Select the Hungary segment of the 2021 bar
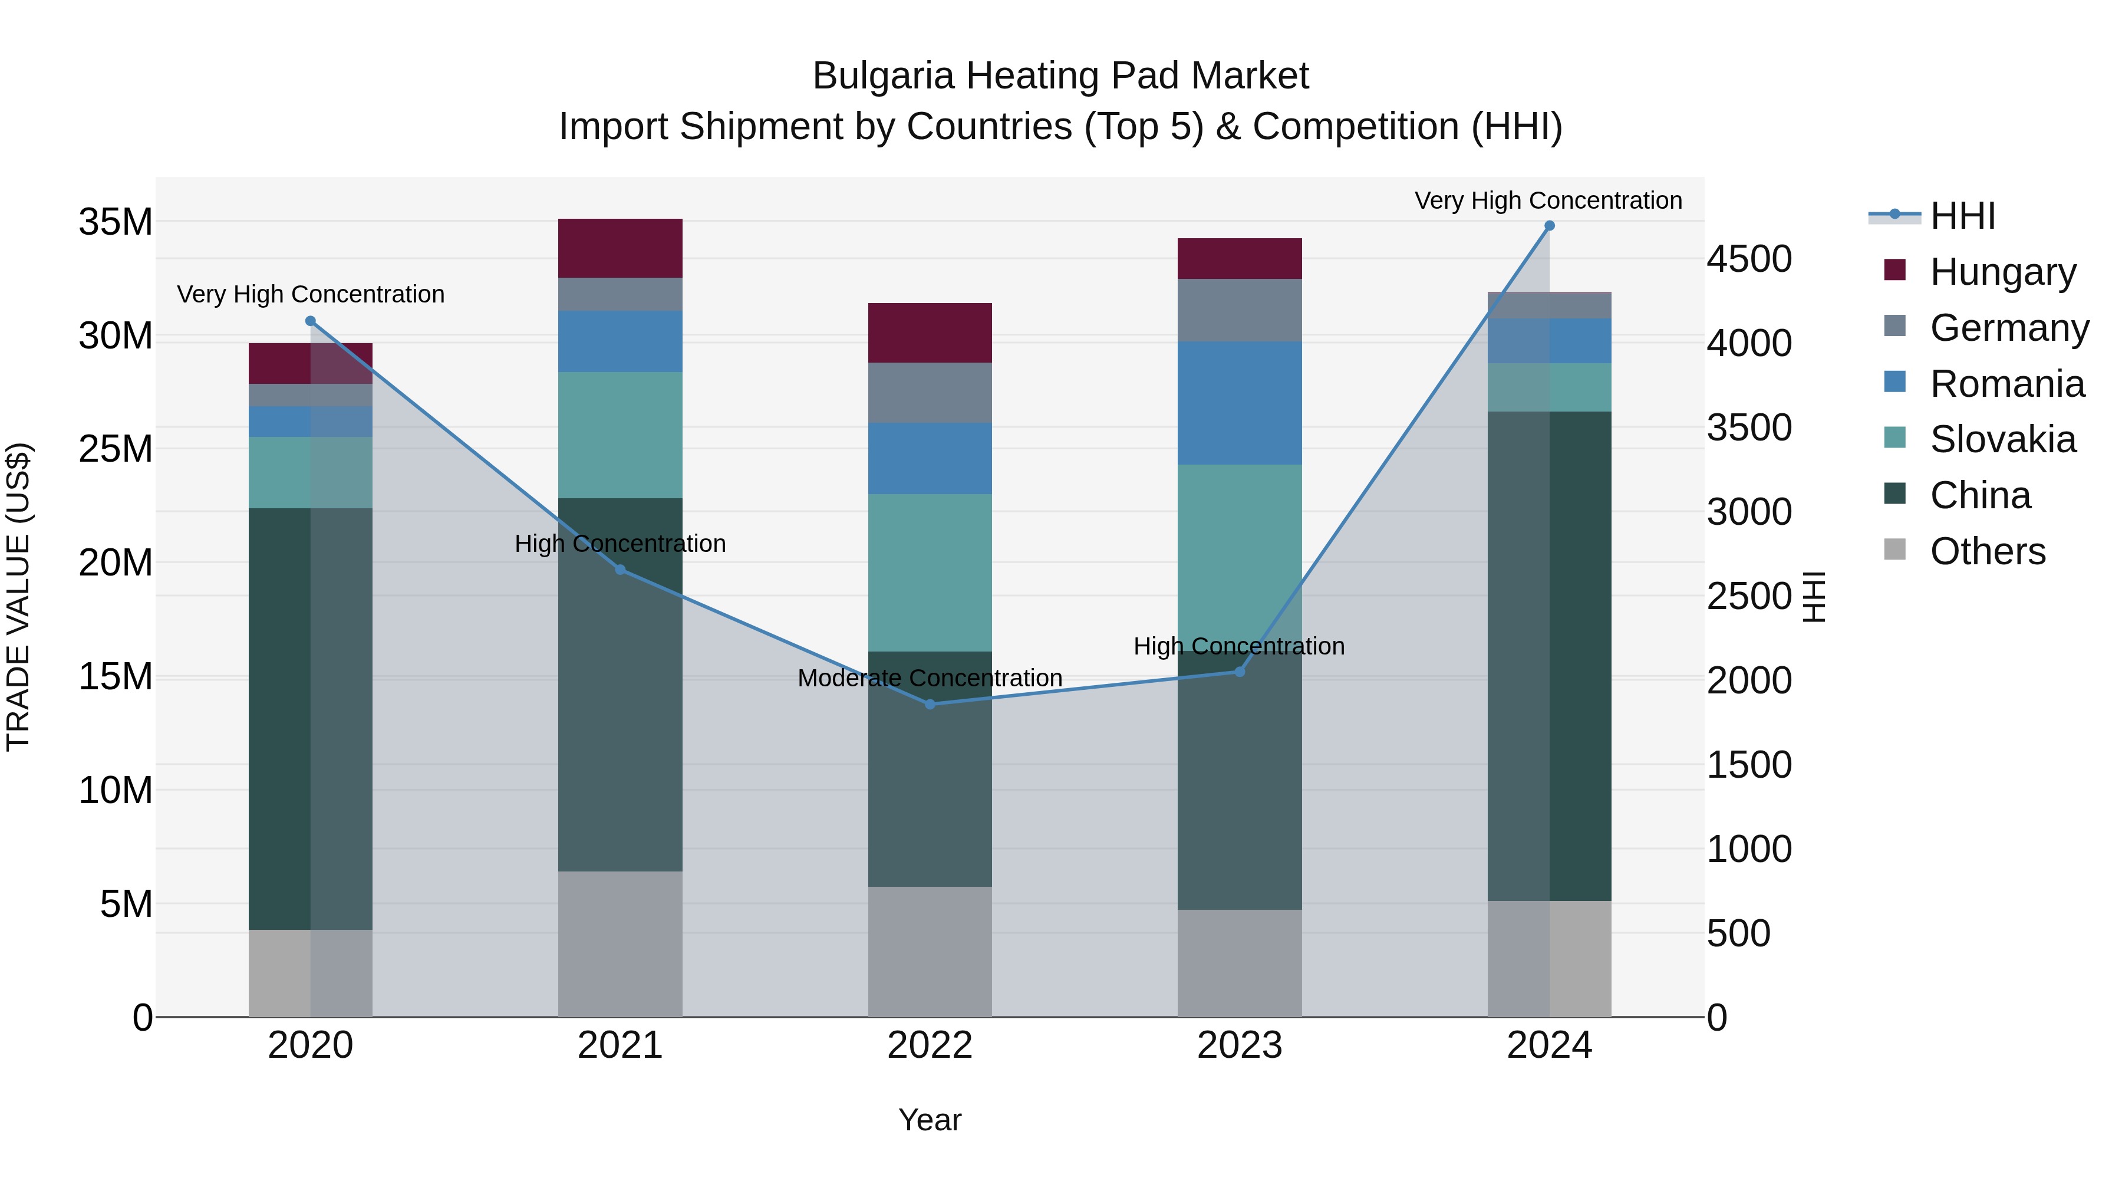pos(620,248)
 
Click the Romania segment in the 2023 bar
pos(1240,403)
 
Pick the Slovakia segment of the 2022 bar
pos(930,573)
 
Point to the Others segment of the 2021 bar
pos(620,943)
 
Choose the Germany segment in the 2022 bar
pos(930,393)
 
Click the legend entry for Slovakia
pos(2002,440)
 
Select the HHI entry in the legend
pos(1962,216)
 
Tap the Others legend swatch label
pos(1987,551)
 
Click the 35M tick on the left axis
pos(116,222)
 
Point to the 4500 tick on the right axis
pos(1749,259)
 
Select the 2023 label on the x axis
pos(1240,1045)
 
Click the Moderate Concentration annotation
pos(930,678)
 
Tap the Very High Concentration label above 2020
pos(311,294)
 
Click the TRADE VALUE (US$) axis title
pos(18,597)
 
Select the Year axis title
pos(930,1120)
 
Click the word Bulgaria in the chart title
pos(882,76)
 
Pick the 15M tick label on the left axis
pos(116,676)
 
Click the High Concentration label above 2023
pos(1239,646)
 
